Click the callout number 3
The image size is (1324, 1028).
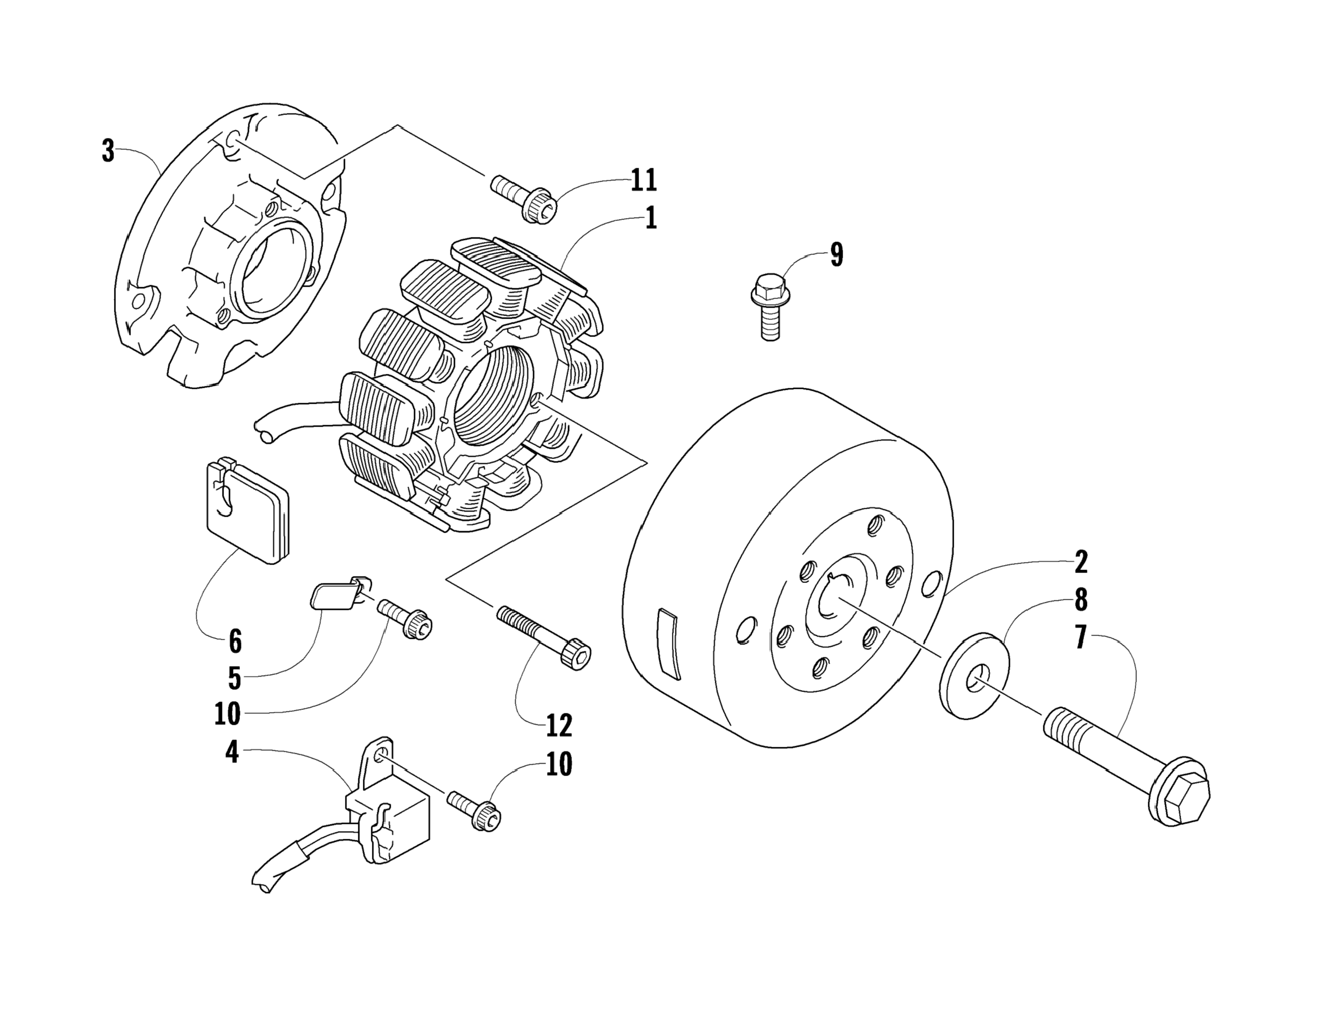108,151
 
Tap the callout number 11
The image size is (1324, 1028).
643,180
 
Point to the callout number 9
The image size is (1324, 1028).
836,255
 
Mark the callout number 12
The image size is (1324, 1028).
558,725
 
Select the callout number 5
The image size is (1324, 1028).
234,678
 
